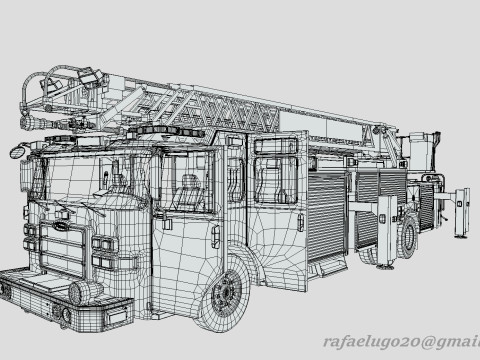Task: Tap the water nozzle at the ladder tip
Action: click(37, 123)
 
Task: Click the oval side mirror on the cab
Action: click(16, 152)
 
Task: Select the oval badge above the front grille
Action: click(60, 226)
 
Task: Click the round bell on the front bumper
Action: click(80, 292)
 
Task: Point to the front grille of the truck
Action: click(62, 249)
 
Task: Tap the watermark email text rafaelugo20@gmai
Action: click(402, 342)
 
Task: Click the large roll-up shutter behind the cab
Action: click(326, 215)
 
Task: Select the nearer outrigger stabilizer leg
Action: click(387, 232)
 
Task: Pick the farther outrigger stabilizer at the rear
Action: click(462, 213)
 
